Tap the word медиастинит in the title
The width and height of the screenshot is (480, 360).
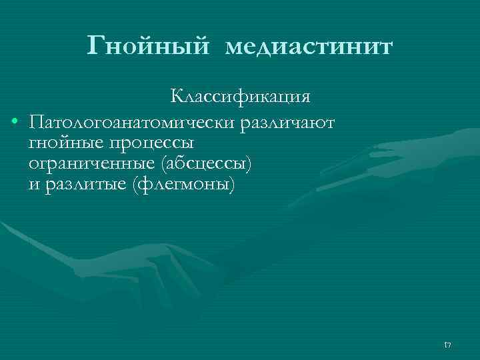click(x=309, y=47)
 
